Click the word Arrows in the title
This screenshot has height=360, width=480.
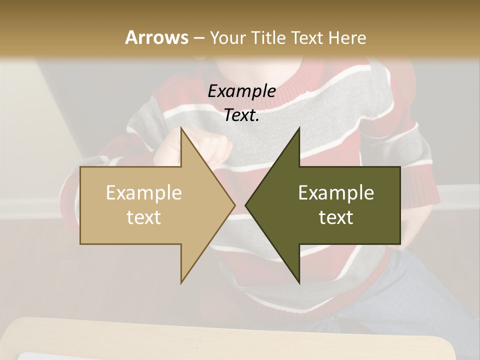(x=156, y=37)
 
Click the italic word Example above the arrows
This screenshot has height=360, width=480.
(x=241, y=91)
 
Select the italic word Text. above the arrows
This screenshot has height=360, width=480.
(x=241, y=115)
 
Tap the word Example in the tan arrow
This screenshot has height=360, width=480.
(x=144, y=193)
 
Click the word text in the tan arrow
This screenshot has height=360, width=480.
(x=144, y=217)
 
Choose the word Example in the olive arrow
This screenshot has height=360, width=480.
(x=336, y=193)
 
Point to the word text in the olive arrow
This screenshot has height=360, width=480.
(x=336, y=217)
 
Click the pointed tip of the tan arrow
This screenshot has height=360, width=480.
(x=234, y=205)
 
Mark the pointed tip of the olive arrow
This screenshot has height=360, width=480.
(x=246, y=205)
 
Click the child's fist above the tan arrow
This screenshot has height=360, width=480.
(x=212, y=147)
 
